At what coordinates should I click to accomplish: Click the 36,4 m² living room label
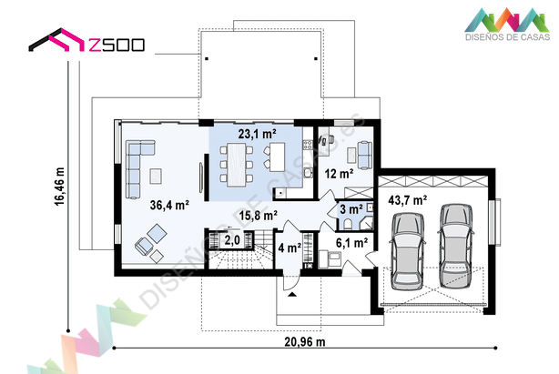tap(169, 205)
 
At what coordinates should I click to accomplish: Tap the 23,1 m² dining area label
tap(257, 134)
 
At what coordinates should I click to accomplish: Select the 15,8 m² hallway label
tap(259, 216)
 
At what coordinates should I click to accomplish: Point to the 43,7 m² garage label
tap(408, 200)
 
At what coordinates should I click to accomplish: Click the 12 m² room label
tap(339, 174)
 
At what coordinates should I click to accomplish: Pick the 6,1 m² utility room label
tap(351, 243)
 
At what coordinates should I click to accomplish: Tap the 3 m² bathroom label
tap(351, 209)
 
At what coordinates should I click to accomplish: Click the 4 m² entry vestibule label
tap(290, 248)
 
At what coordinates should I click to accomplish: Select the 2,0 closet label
tap(232, 240)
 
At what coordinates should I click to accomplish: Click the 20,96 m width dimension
tap(305, 342)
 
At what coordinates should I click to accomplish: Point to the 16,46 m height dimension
tap(59, 187)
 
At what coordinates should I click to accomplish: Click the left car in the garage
tap(408, 251)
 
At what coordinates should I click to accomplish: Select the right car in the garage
tap(455, 246)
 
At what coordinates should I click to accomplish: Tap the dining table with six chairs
tap(237, 165)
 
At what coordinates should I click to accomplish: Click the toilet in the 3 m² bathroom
tap(348, 223)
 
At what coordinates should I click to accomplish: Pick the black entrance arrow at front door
tap(292, 294)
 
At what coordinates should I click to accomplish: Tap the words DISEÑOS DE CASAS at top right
tap(507, 36)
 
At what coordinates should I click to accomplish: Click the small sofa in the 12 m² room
tap(364, 155)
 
